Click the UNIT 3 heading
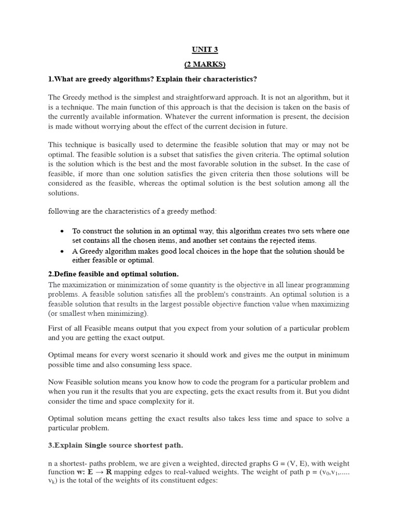198,49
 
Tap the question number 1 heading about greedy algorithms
153,78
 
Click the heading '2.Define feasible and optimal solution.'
113,274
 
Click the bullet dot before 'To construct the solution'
62,231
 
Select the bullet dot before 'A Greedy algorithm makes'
62,251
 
